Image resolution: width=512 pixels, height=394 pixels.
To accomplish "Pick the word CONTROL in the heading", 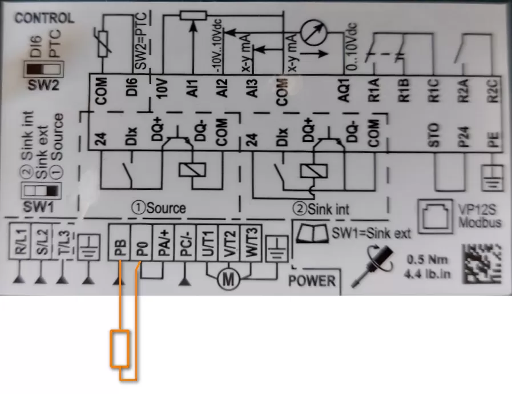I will pyautogui.click(x=45, y=18).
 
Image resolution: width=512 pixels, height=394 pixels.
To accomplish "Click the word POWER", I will pyautogui.click(x=312, y=281).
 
